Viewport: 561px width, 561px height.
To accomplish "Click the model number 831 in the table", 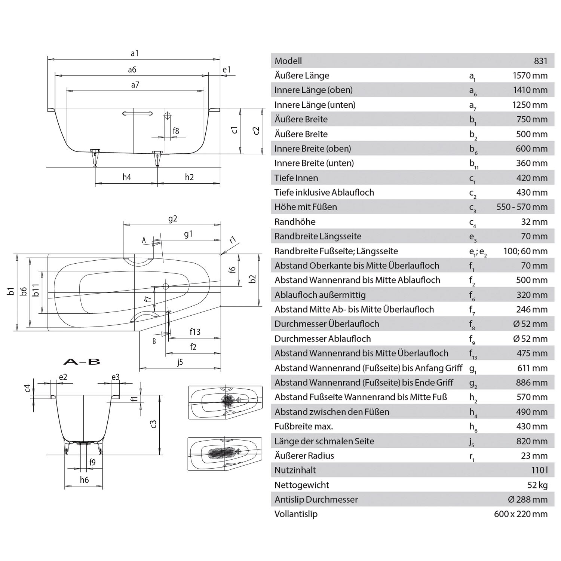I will click(x=541, y=61).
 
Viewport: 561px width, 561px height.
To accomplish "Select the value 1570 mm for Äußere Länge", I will click(x=530, y=76).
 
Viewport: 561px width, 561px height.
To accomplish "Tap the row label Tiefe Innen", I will click(x=296, y=178).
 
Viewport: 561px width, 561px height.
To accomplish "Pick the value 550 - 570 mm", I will click(x=522, y=207).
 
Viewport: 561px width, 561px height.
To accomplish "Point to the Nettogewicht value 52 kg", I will click(x=537, y=485).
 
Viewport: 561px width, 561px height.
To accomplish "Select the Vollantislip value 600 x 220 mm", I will click(x=521, y=514).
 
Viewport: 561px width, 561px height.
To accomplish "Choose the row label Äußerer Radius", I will click(x=304, y=456).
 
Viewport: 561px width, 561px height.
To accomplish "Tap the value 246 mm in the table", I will click(x=532, y=310).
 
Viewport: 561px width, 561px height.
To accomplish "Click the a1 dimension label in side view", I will click(x=135, y=53).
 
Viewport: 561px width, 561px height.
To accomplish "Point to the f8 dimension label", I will click(x=176, y=131).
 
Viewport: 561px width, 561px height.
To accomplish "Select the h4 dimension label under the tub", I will click(x=127, y=177).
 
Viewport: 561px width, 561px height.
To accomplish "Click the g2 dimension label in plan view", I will click(x=172, y=219).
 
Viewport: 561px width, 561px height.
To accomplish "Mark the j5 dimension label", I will click(x=180, y=362).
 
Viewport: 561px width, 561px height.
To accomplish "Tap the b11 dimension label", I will click(x=36, y=290).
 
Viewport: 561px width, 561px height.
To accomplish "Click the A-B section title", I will click(x=82, y=362).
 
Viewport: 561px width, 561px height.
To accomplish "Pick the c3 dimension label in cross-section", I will click(x=153, y=423).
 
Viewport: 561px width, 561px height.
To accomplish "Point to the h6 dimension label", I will click(x=84, y=480).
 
